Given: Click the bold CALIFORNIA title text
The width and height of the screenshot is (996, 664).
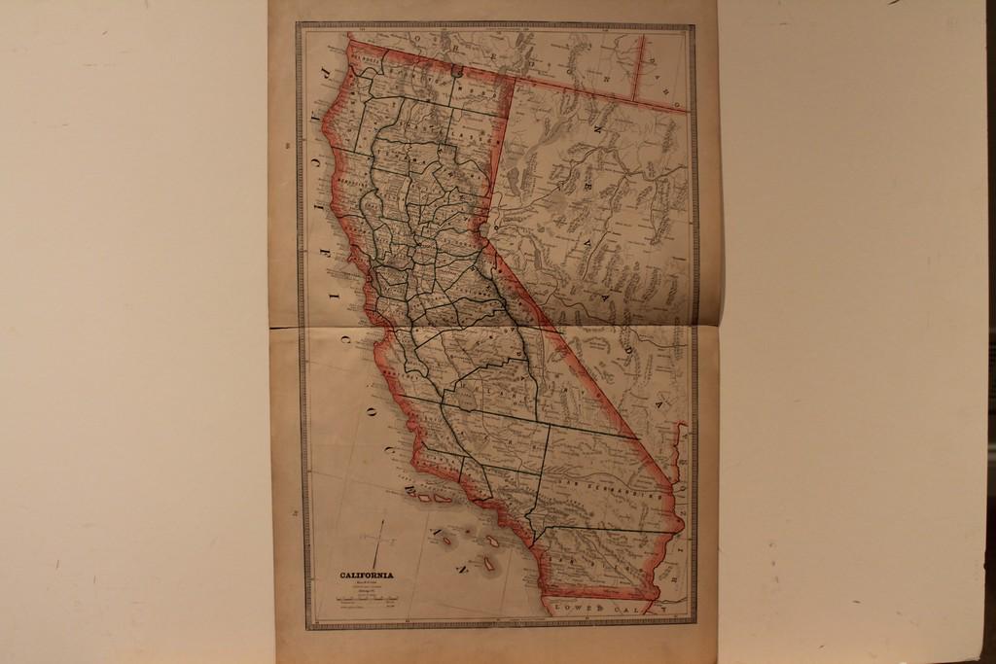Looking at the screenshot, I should [367, 576].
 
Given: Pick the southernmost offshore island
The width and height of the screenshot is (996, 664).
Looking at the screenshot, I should [487, 563].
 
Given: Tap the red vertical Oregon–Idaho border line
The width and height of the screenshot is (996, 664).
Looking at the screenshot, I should [638, 69].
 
